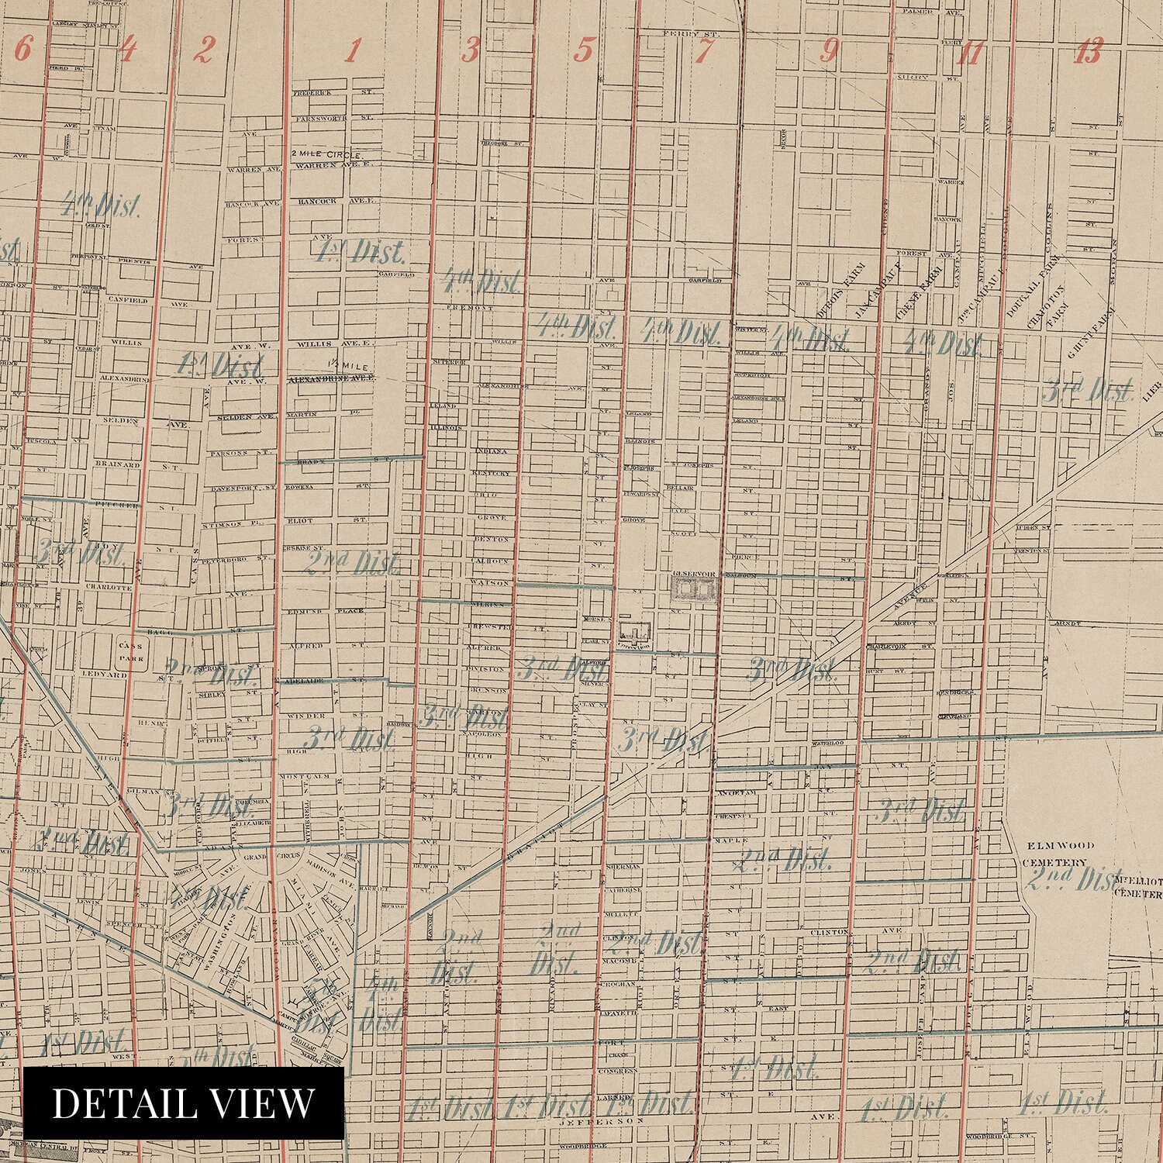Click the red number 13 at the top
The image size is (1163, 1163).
(x=1089, y=52)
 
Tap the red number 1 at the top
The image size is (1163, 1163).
(x=353, y=52)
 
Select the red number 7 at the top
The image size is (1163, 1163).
(x=704, y=52)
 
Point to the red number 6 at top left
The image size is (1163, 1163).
(x=23, y=50)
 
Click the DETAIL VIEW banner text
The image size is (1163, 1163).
(x=184, y=1103)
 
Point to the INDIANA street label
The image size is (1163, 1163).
(x=490, y=450)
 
